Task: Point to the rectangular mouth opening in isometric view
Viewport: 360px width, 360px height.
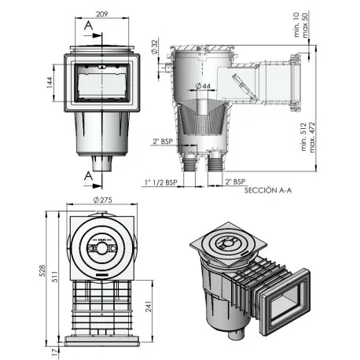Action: [290, 305]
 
